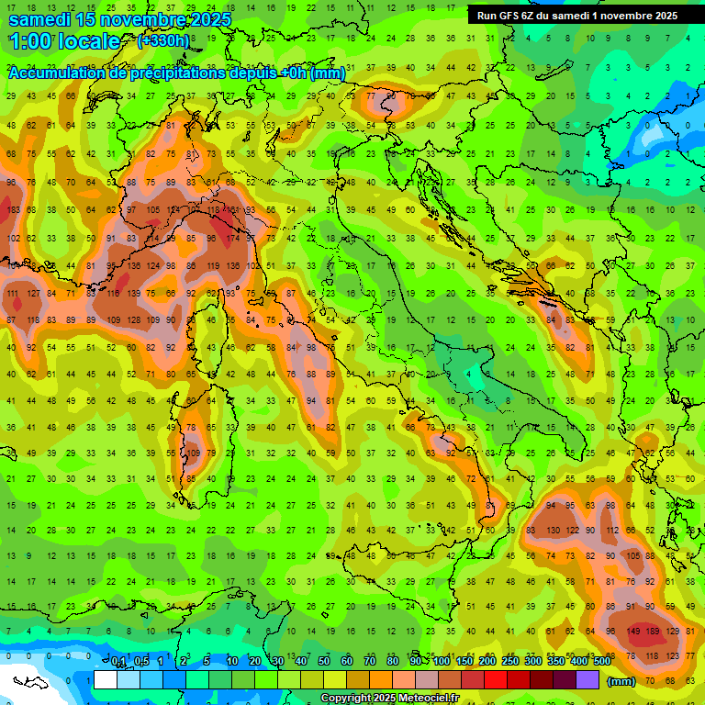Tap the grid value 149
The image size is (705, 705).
point(633,632)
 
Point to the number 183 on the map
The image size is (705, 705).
point(13,210)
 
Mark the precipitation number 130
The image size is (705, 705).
point(553,531)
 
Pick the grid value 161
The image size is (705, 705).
point(232,210)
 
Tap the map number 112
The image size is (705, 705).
point(613,531)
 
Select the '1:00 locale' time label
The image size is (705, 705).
point(64,41)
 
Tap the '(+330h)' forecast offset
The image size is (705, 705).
point(163,41)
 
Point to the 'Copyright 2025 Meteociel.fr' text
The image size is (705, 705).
point(389,699)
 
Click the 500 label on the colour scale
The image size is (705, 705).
point(601,662)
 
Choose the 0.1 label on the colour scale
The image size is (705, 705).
point(119,662)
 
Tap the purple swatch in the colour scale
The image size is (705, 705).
point(587,680)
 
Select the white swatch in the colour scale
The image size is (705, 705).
point(106,680)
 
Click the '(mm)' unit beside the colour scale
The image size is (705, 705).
point(621,681)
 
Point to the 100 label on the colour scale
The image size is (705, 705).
point(441,662)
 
